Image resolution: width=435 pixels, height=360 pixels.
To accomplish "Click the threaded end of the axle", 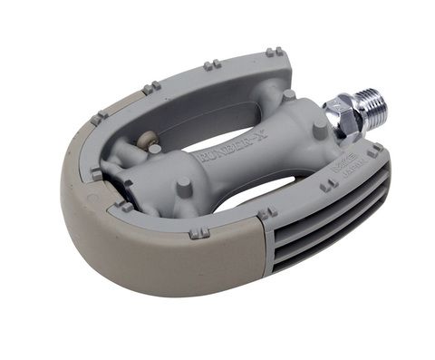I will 372,107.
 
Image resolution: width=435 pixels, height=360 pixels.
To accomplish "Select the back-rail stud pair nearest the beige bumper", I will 152,87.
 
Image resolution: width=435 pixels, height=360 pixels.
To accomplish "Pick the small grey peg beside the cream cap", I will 155,148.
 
